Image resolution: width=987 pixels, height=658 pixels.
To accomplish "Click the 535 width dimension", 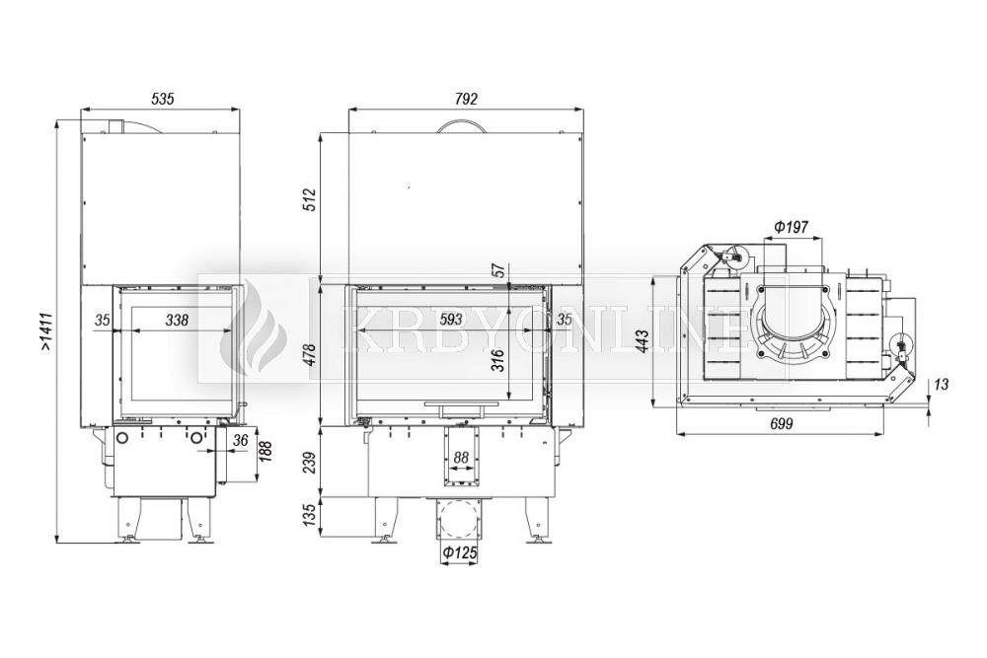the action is (x=163, y=99).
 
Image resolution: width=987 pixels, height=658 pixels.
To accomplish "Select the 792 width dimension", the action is (x=466, y=99).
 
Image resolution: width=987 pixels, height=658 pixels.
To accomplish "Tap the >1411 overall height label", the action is (x=46, y=330).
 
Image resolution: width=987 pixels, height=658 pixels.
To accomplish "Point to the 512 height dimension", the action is (x=309, y=199).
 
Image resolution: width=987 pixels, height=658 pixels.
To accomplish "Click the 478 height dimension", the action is (x=309, y=356).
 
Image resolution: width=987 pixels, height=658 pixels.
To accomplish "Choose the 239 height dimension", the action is (x=309, y=463).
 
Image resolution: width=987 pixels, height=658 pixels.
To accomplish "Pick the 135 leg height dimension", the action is (x=309, y=516).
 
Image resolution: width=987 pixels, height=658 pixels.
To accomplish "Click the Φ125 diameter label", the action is (x=459, y=553).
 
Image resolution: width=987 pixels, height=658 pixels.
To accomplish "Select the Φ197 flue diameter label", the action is (x=792, y=227).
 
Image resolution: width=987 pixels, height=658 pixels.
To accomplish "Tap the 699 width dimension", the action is (x=781, y=423).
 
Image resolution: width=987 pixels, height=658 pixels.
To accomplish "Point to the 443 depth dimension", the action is (x=644, y=341).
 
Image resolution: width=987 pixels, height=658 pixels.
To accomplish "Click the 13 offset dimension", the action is (x=941, y=384).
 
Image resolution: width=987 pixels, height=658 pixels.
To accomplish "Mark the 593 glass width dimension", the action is (x=451, y=320).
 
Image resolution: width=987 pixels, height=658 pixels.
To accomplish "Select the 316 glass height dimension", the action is (x=498, y=360).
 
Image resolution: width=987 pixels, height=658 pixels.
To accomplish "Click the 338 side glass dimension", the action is (x=177, y=321).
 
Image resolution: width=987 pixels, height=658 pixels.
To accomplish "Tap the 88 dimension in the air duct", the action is (x=461, y=458).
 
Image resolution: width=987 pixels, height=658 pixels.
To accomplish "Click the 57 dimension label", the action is (x=498, y=269).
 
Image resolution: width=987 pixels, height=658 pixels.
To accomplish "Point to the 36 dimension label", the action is (x=241, y=440).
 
